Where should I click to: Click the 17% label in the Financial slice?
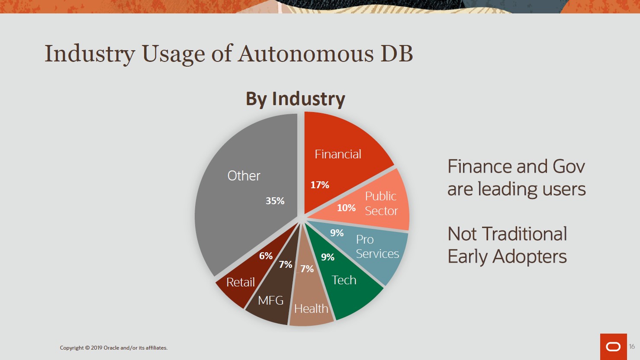pyautogui.click(x=320, y=185)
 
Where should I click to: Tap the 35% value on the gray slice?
pyautogui.click(x=275, y=201)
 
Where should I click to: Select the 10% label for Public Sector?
pyautogui.click(x=346, y=208)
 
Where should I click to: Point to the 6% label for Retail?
pyautogui.click(x=266, y=256)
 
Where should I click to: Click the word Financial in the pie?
pyautogui.click(x=338, y=154)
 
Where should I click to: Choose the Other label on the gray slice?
pyautogui.click(x=244, y=176)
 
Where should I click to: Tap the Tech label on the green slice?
pyautogui.click(x=344, y=280)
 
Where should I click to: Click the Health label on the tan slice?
pyautogui.click(x=311, y=309)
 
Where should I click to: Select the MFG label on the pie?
pyautogui.click(x=270, y=301)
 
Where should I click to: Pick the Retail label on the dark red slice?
pyautogui.click(x=241, y=282)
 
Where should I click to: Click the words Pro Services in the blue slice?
pyautogui.click(x=377, y=247)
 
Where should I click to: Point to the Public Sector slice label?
pyautogui.click(x=381, y=203)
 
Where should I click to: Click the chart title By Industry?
pyautogui.click(x=296, y=99)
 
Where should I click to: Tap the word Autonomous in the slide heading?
pyautogui.click(x=306, y=53)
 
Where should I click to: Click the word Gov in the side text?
pyautogui.click(x=569, y=166)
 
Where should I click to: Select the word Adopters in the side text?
pyautogui.click(x=529, y=256)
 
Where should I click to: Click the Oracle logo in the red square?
pyautogui.click(x=614, y=347)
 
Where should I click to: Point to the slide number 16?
pyautogui.click(x=632, y=347)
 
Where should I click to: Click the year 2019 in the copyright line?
pyautogui.click(x=96, y=348)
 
